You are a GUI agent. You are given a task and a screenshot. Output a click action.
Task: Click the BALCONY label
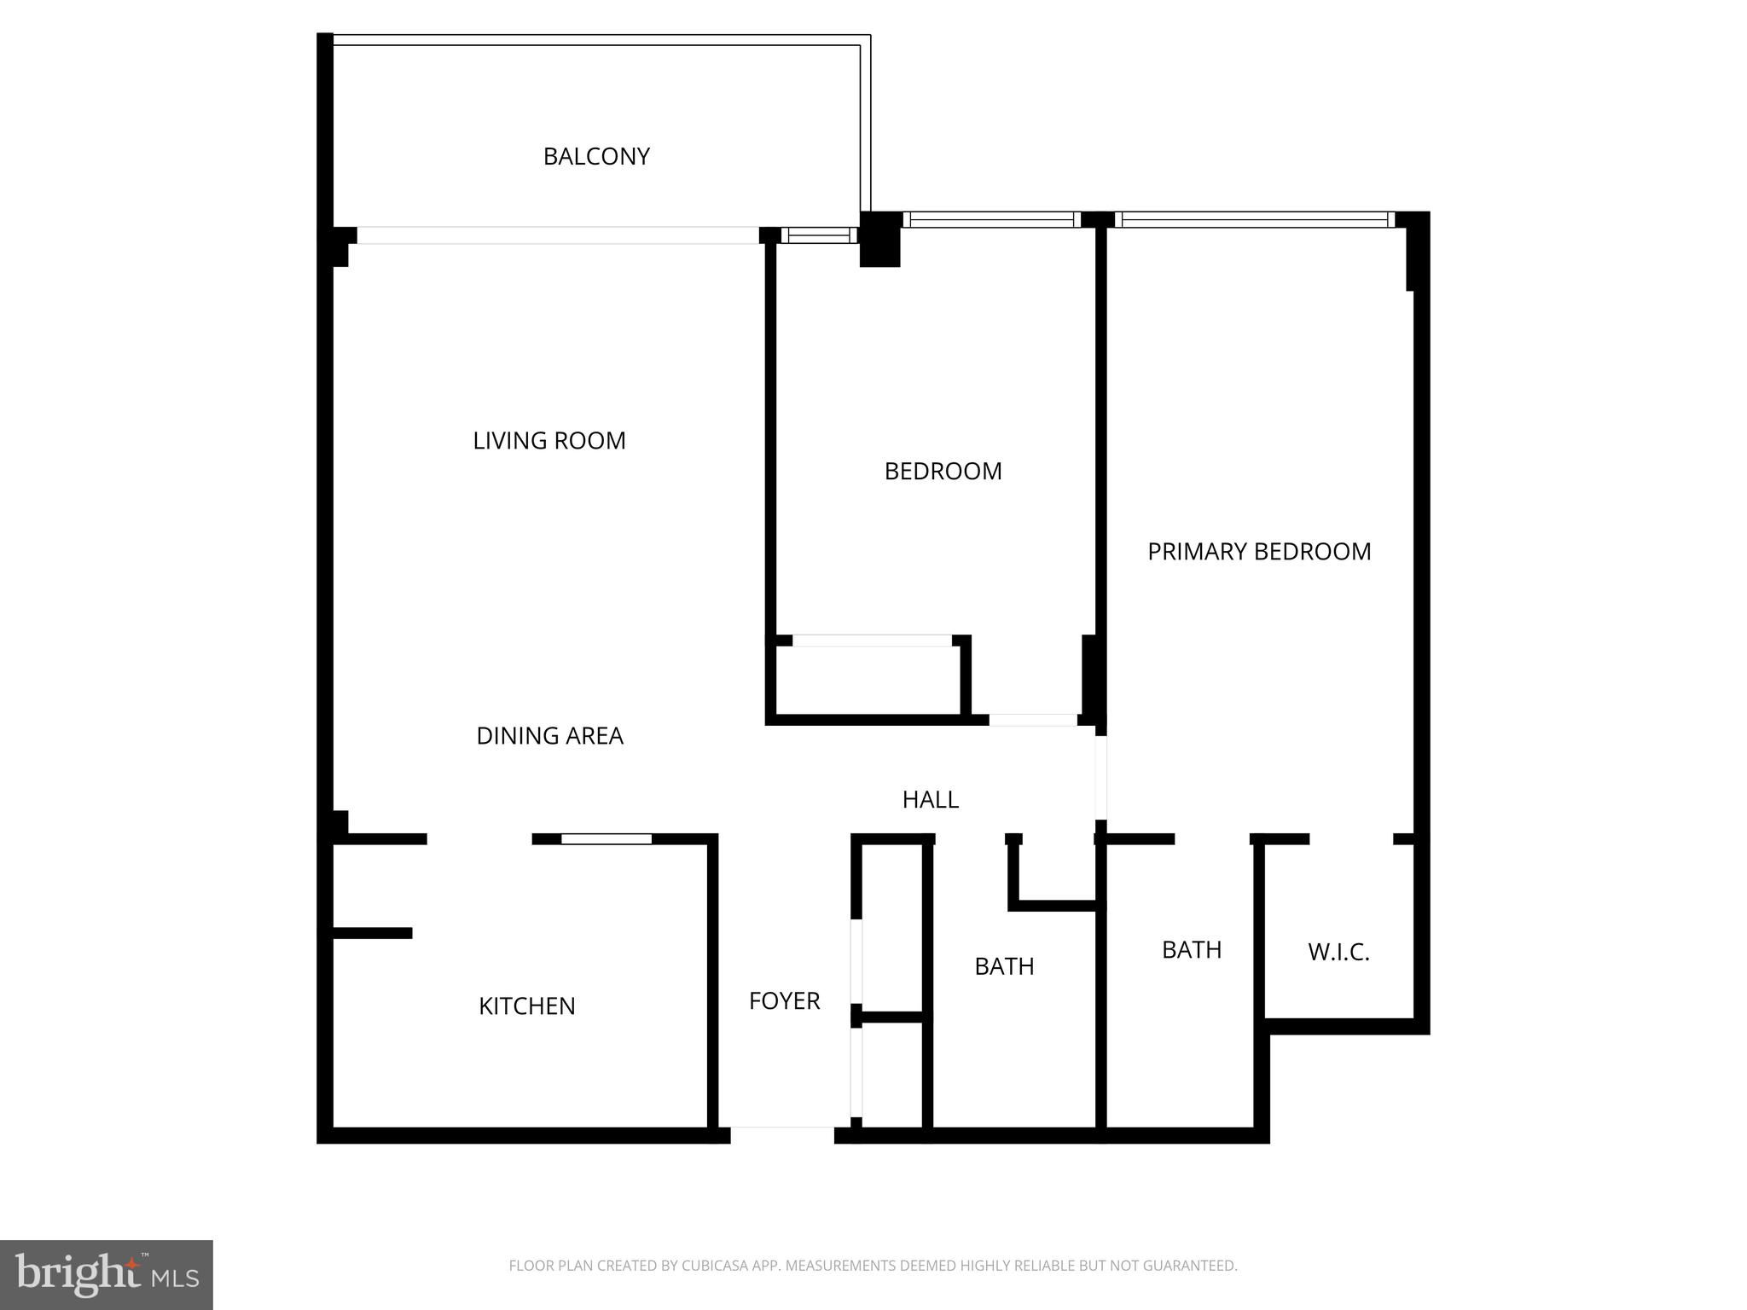point(596,156)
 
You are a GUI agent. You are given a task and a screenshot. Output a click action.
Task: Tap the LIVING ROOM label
point(549,440)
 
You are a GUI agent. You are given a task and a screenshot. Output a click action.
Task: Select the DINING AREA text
point(549,735)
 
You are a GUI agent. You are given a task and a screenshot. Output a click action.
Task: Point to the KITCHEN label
point(527,1006)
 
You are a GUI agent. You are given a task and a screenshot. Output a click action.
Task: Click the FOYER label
point(784,1000)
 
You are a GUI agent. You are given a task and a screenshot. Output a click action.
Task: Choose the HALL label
point(931,799)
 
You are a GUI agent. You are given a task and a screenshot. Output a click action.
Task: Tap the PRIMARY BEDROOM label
point(1259,551)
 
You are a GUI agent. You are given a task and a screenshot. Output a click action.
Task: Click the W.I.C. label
point(1338,952)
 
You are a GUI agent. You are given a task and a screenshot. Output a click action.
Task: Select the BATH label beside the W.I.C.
point(1192,949)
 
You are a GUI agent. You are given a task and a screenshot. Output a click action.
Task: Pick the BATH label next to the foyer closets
point(1004,965)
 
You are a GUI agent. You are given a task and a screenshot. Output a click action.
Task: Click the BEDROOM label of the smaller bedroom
point(943,471)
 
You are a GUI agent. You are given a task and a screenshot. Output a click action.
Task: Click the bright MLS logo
point(107,1274)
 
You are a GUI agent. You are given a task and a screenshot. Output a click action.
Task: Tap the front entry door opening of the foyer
point(782,1134)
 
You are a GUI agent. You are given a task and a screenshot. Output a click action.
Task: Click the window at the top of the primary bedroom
point(1254,219)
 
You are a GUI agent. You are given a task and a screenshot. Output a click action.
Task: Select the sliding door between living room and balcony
point(558,235)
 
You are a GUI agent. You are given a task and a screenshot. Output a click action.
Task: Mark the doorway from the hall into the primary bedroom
point(1101,777)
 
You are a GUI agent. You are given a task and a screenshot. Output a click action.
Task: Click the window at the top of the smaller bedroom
point(991,219)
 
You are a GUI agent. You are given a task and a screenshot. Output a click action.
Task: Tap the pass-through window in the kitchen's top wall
point(607,839)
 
